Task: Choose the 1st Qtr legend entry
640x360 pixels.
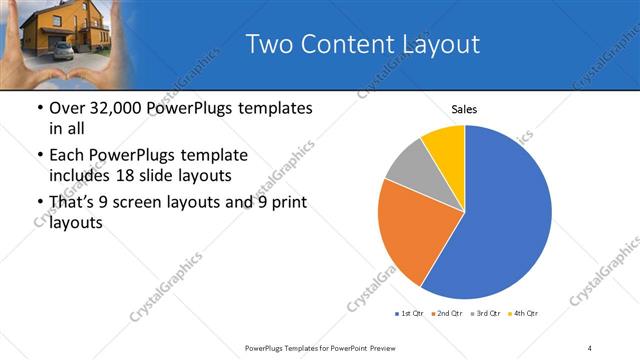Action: pyautogui.click(x=409, y=314)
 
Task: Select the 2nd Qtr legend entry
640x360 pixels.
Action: pyautogui.click(x=447, y=314)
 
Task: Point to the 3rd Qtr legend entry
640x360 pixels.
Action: pyautogui.click(x=486, y=314)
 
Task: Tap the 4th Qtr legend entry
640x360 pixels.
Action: pyautogui.click(x=524, y=314)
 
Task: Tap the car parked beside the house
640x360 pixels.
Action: pyautogui.click(x=63, y=50)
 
